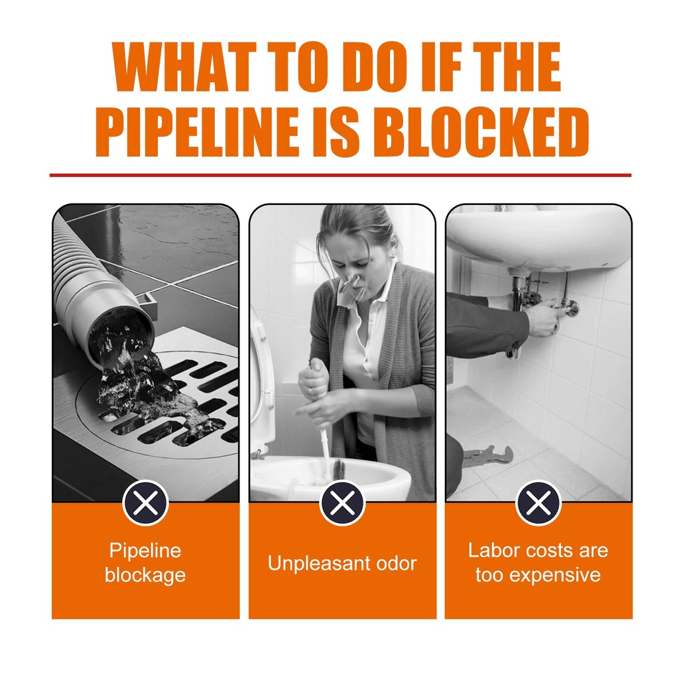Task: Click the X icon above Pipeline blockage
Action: pyautogui.click(x=145, y=503)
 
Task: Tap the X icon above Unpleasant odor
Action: pyautogui.click(x=342, y=503)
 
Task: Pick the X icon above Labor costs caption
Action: pyautogui.click(x=538, y=503)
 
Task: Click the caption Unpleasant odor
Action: pyautogui.click(x=342, y=564)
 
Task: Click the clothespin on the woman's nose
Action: pyautogui.click(x=350, y=284)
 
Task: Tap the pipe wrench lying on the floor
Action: pyautogui.click(x=488, y=456)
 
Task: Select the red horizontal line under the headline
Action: pyautogui.click(x=340, y=175)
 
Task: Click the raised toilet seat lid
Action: pyautogui.click(x=263, y=381)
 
